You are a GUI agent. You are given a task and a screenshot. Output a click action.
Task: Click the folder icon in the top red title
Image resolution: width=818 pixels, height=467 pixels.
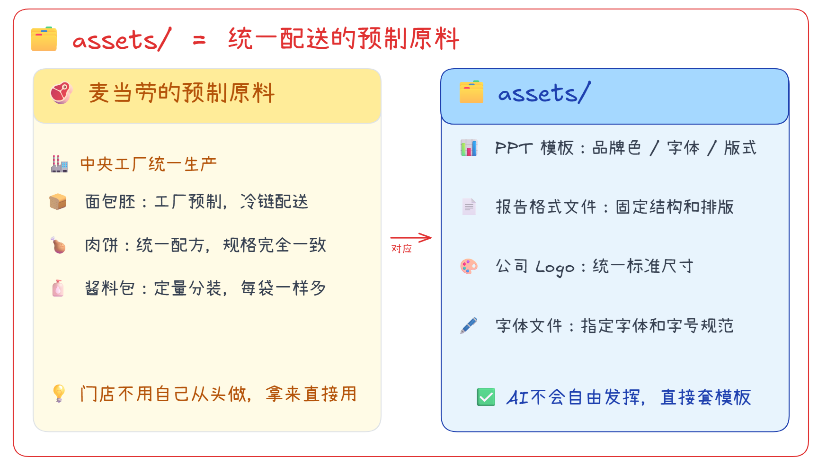pos(44,39)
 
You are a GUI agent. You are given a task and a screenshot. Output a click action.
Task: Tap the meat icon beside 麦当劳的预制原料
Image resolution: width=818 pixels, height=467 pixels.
pos(61,93)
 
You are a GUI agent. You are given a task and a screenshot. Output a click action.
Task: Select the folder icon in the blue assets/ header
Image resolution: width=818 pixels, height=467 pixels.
pos(471,92)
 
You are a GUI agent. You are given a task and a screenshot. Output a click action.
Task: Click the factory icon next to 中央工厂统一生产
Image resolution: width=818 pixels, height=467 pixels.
pos(60,164)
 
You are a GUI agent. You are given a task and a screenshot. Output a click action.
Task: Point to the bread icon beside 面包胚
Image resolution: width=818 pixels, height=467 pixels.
pos(58,202)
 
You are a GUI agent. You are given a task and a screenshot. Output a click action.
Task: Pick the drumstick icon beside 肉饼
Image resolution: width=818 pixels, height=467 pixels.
pos(58,245)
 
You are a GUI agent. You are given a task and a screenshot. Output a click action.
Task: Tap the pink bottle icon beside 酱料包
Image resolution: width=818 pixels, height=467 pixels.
pos(58,288)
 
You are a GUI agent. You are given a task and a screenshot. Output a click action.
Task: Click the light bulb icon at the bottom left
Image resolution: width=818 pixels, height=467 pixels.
pos(59,393)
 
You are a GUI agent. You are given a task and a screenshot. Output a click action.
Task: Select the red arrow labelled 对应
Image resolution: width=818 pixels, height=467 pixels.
pos(410,237)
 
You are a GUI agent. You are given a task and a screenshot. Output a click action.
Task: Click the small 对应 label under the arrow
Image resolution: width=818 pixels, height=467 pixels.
pos(401,249)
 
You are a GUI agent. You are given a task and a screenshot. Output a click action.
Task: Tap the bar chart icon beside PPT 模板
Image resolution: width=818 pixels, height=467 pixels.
pos(469,148)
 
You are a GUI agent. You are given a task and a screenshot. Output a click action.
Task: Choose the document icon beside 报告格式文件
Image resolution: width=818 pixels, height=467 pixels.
pos(469,207)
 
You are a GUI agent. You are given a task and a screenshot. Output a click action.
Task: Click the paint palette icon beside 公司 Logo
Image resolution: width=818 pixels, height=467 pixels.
pos(469,266)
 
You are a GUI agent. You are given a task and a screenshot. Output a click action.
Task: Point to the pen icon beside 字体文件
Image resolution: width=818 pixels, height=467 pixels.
pos(469,326)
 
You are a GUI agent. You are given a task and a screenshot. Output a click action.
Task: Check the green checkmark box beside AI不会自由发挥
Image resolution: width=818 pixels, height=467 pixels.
pos(486,397)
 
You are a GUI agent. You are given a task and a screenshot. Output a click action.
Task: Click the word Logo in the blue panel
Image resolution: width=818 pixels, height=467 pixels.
pos(554,267)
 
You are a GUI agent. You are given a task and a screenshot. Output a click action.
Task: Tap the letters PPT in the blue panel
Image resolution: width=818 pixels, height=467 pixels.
pos(514,148)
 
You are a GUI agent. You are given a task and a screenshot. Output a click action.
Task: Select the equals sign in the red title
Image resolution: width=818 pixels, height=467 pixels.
pos(199,40)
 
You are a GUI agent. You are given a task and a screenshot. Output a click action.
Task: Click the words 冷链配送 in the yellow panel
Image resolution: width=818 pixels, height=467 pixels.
pos(274,202)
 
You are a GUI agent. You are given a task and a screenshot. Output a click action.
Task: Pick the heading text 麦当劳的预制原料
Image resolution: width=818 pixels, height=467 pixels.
pos(181,93)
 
